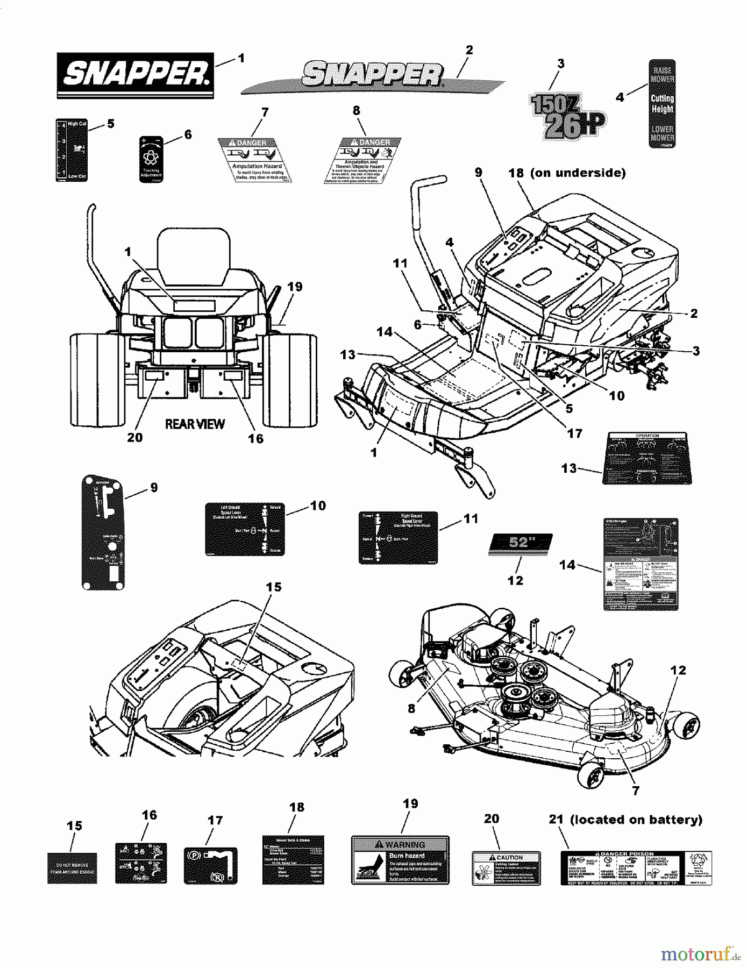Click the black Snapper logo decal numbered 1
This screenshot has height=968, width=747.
135,75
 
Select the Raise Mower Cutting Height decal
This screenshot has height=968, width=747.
661,103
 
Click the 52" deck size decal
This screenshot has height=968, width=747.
520,543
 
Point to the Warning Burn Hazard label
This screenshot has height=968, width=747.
400,860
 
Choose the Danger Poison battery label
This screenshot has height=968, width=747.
636,868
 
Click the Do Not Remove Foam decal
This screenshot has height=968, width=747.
72,868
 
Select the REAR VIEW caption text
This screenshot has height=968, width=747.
195,424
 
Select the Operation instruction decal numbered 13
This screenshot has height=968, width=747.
647,458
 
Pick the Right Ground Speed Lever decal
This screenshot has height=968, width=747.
398,538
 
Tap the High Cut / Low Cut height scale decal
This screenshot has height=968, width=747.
72,150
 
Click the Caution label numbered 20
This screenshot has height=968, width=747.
506,868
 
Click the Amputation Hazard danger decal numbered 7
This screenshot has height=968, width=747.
255,160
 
